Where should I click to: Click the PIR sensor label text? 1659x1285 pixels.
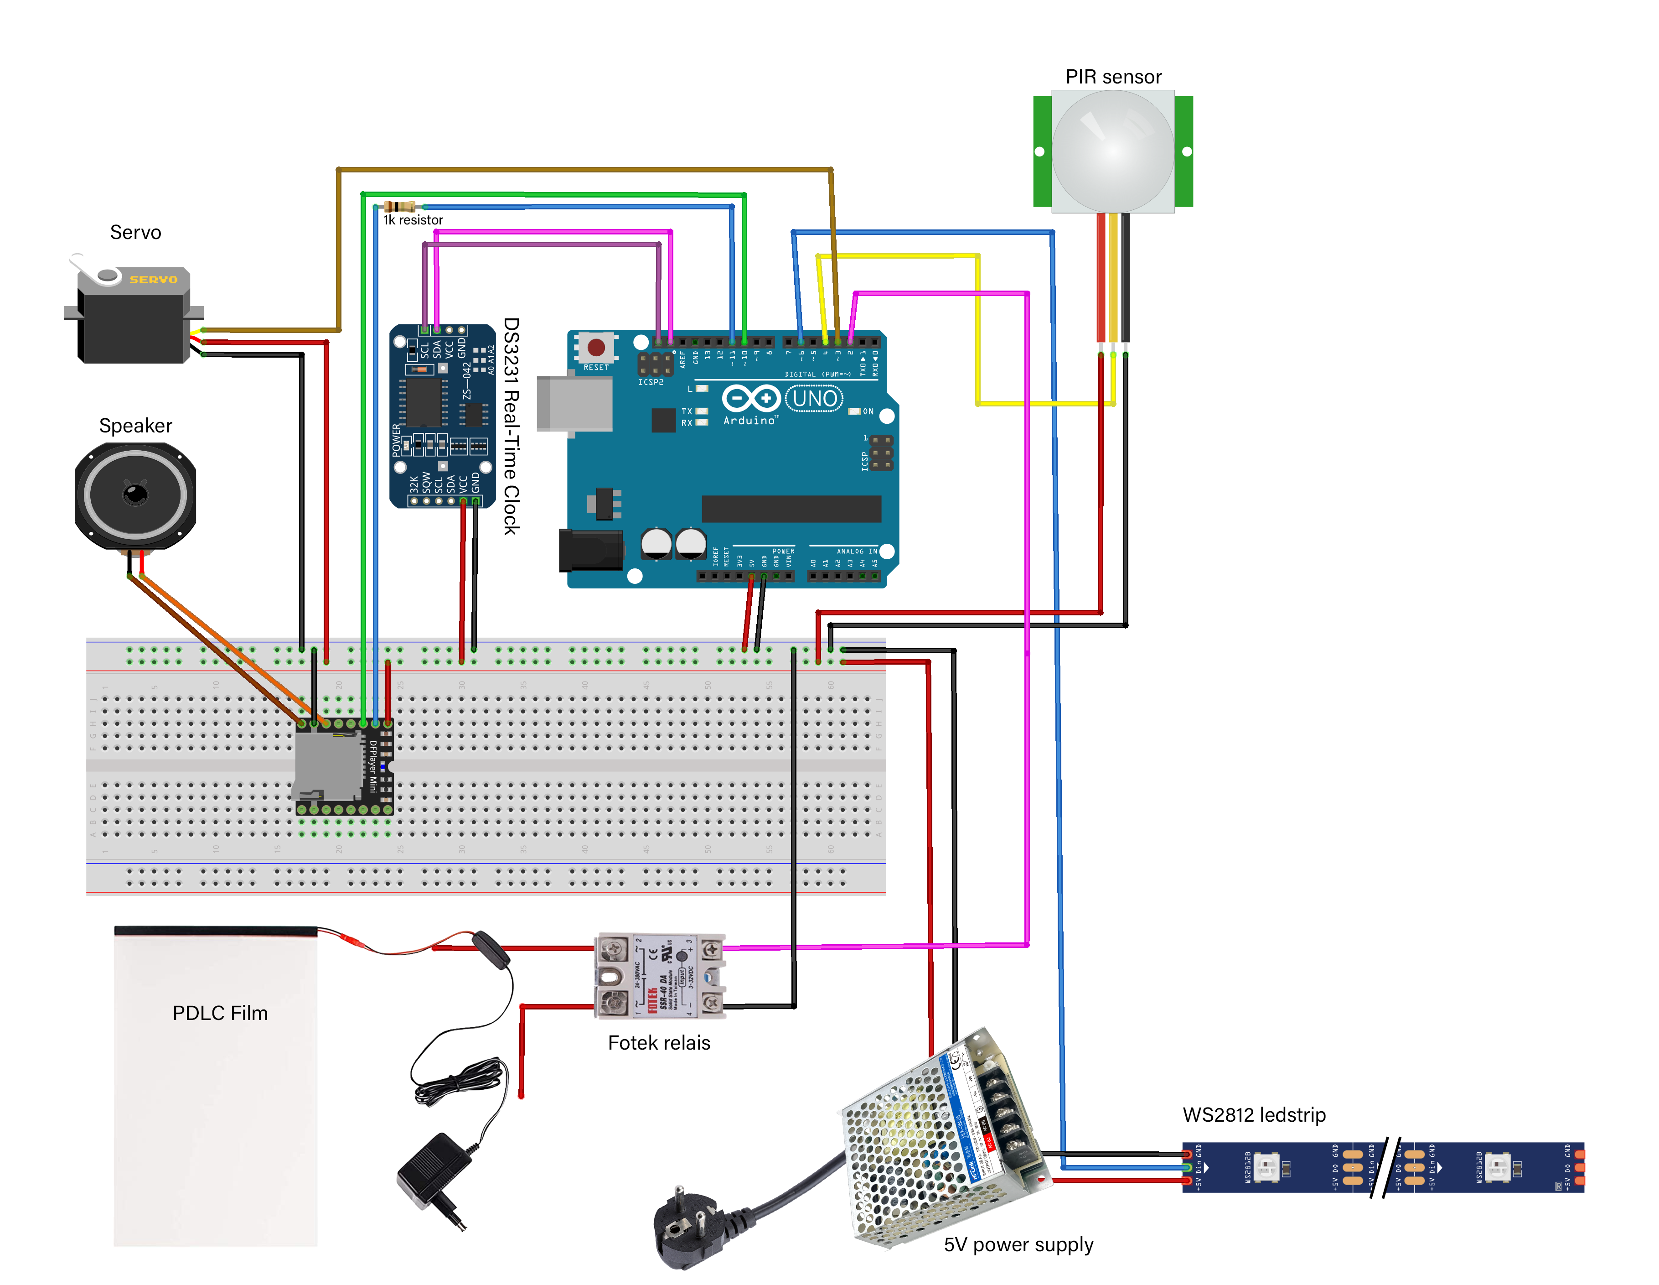tap(1113, 77)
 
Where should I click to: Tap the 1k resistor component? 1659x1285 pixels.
tap(399, 206)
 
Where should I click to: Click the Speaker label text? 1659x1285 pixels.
tap(135, 426)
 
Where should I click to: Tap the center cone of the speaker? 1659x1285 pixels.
tap(135, 494)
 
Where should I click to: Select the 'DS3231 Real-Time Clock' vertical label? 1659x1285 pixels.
tap(511, 426)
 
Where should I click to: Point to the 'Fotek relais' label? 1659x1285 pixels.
tap(659, 1043)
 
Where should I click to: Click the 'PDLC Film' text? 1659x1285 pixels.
tap(220, 1013)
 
